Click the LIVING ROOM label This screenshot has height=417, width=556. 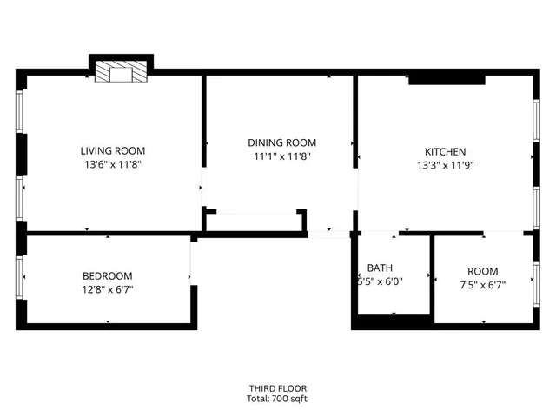113,150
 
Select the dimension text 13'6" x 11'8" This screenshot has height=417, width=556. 113,164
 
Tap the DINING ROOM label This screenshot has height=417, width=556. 281,142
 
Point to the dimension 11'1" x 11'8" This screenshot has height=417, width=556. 281,156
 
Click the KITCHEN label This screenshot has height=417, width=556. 445,150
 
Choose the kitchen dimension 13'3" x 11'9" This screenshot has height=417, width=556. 445,164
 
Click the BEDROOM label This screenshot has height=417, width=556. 108,276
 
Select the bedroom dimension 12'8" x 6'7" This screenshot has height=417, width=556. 108,290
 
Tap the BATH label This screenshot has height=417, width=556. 380,268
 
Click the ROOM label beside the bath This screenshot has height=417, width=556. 483,271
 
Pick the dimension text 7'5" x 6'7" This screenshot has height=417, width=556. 483,284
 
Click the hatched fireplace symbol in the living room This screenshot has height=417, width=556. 122,72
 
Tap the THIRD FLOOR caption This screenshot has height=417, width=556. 277,388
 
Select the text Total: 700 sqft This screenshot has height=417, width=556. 277,399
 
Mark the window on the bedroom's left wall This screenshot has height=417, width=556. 20,276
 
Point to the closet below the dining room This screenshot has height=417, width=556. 255,222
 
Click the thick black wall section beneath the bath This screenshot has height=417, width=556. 392,322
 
